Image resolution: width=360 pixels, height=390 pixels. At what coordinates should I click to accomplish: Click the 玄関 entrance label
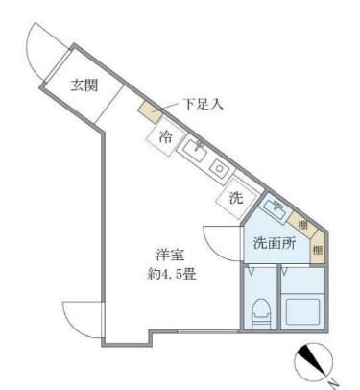84,85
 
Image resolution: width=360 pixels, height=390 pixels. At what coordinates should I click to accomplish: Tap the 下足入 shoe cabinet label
203,105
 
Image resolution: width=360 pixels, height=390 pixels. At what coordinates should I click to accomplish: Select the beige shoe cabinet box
151,112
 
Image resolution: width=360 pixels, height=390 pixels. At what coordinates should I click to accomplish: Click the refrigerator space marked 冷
165,136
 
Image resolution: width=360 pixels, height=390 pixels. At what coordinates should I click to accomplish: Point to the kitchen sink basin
195,152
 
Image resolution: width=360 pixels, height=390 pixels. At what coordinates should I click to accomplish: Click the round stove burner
220,168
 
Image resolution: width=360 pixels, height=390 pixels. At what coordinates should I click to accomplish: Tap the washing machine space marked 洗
237,198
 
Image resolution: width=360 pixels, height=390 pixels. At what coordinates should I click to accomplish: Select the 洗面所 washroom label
275,244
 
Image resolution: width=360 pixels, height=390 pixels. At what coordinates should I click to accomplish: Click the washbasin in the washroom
275,209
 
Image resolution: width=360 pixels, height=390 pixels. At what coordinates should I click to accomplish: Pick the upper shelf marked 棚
302,224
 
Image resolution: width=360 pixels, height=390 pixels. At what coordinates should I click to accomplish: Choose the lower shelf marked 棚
318,247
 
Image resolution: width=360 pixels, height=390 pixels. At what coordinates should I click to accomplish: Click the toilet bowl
261,313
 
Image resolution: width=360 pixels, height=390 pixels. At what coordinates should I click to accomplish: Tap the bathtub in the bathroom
302,312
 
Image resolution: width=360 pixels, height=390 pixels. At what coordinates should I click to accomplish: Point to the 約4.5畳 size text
171,274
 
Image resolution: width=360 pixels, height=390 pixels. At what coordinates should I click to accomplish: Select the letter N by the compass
334,382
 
